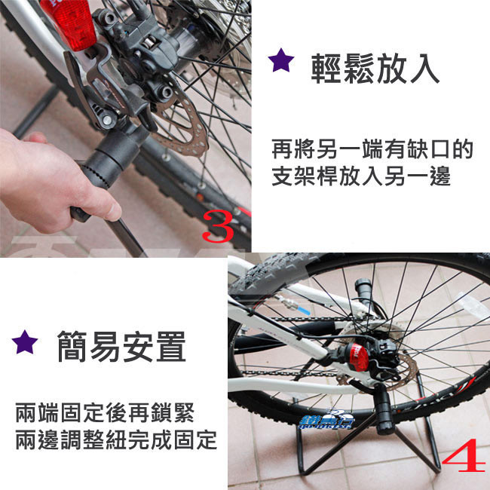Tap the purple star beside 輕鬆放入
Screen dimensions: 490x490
(281, 60)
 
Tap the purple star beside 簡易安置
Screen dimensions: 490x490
(25, 342)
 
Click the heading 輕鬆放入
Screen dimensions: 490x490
(375, 69)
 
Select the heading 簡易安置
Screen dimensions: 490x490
(121, 346)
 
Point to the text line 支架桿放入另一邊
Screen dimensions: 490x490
(361, 176)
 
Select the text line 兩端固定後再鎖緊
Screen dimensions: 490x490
(105, 412)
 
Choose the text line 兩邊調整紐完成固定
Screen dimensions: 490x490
(116, 439)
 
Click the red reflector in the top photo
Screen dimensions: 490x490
(71, 22)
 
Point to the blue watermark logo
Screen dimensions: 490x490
(326, 419)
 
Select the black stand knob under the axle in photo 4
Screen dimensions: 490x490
(387, 409)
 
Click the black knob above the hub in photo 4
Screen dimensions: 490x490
(363, 289)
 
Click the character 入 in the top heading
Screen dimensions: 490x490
(425, 69)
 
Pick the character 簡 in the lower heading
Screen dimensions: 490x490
(72, 346)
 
